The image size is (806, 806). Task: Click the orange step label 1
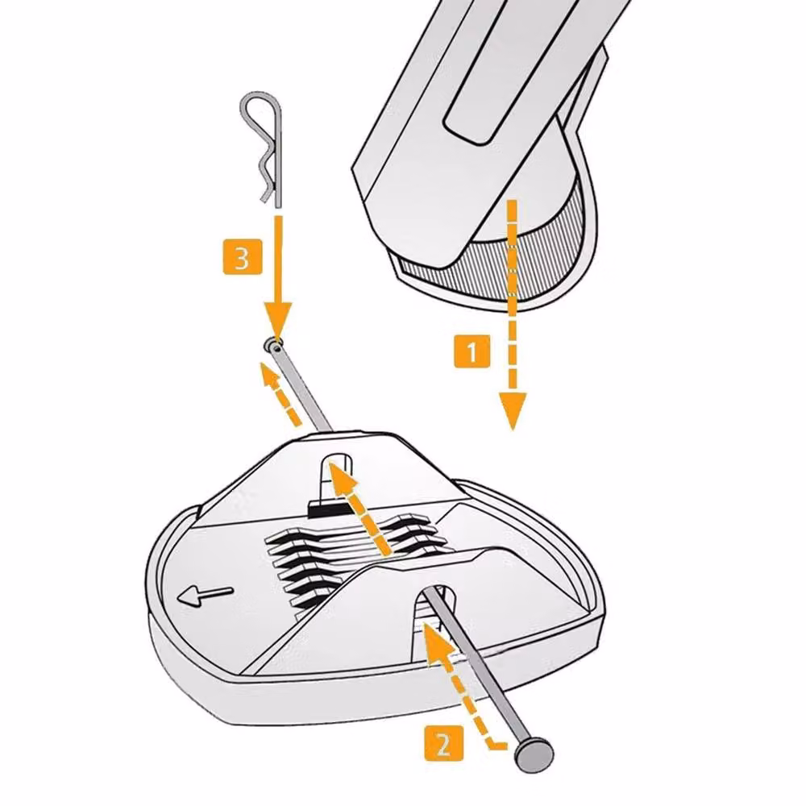tap(472, 351)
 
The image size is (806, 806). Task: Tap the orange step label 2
tap(443, 742)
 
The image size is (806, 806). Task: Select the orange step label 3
tap(242, 256)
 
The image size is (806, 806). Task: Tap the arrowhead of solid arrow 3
tap(277, 320)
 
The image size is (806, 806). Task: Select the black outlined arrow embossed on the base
tap(205, 596)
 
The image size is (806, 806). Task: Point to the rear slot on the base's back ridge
tap(337, 476)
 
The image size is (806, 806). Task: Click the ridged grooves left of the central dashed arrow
tap(303, 566)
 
